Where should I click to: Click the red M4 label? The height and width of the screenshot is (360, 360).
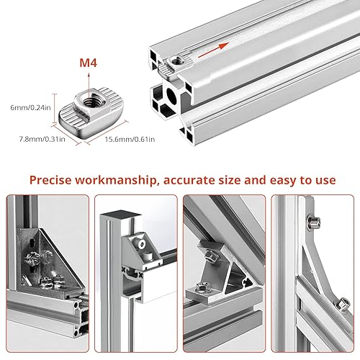pos(89,63)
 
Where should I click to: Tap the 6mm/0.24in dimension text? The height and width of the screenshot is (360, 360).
pos(30,107)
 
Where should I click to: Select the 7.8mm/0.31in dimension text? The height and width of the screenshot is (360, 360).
pos(42,139)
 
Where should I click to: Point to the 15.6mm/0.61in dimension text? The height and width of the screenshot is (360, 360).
pos(130,139)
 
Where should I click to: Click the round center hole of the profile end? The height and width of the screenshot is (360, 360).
pos(171,96)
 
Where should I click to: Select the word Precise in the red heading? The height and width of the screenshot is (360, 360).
pos(50,180)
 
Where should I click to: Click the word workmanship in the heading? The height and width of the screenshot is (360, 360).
pos(116,180)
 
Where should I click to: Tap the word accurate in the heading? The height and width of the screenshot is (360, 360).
pos(191,181)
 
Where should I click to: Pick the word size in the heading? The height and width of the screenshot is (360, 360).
pos(230,180)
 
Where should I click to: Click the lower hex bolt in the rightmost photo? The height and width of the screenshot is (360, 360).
pos(343,305)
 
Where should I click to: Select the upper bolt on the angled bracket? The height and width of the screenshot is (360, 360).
pos(211,256)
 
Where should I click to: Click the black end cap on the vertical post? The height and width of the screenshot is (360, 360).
pos(120,214)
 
